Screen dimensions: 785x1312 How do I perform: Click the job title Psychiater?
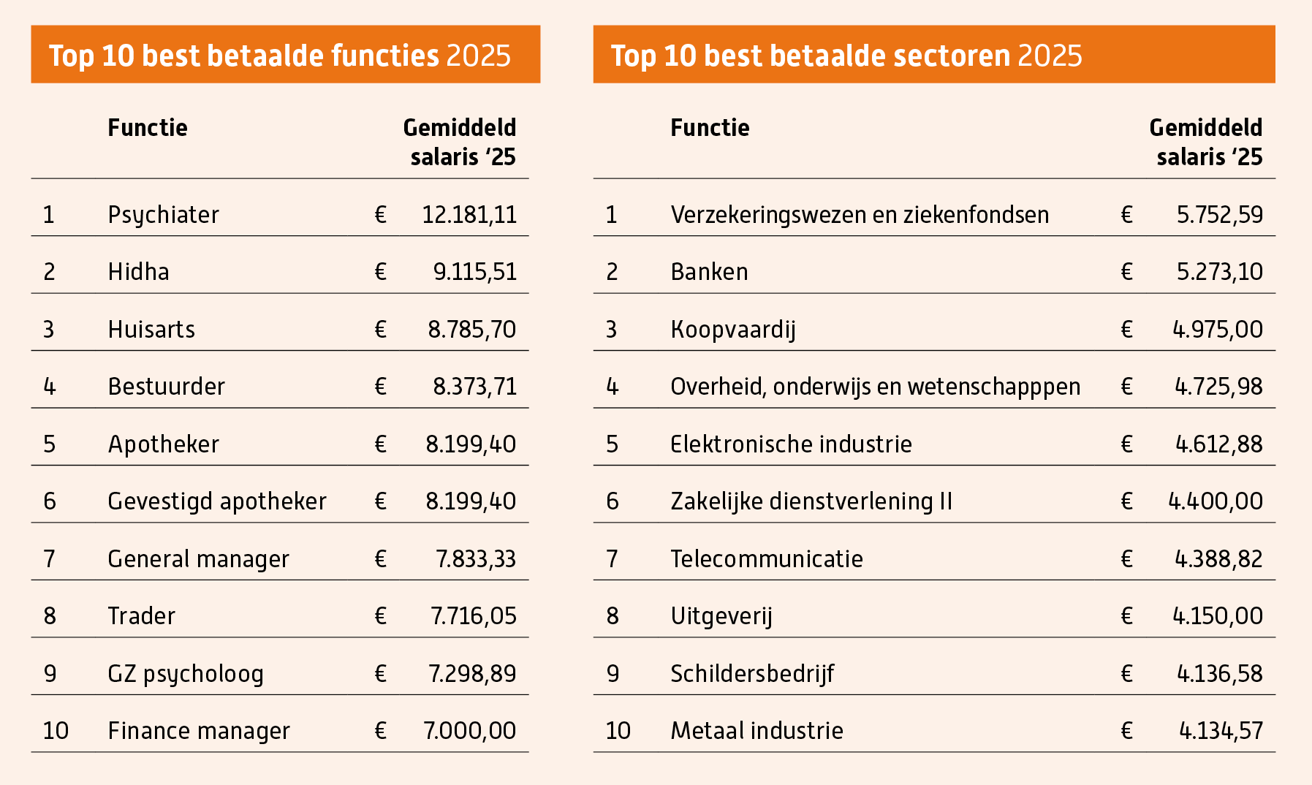[163, 215]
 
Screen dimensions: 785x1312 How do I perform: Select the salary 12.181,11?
[469, 215]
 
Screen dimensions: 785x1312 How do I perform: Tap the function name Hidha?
[138, 272]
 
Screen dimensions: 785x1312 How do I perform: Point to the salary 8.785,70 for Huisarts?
[472, 330]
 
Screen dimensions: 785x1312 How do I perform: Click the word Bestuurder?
[166, 387]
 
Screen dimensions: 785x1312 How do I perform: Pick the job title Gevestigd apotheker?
[216, 501]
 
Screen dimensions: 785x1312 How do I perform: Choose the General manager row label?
[198, 559]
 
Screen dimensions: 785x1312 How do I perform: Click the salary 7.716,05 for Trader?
[474, 616]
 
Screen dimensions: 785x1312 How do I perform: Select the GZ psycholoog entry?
[186, 674]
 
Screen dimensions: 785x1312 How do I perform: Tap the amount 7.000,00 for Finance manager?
[470, 731]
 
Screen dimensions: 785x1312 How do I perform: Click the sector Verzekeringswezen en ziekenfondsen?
[860, 215]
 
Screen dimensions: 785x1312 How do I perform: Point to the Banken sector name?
[709, 272]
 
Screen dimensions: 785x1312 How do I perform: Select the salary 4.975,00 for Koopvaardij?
[1218, 330]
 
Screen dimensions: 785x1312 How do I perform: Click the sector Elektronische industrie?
[791, 444]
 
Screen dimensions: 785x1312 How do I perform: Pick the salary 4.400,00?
[1216, 501]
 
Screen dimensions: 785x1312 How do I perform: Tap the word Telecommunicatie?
[767, 559]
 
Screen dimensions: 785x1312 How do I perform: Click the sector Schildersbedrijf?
[752, 674]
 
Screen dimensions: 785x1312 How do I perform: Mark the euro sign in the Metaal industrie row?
[1126, 731]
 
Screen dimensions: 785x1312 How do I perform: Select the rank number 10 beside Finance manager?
[56, 731]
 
